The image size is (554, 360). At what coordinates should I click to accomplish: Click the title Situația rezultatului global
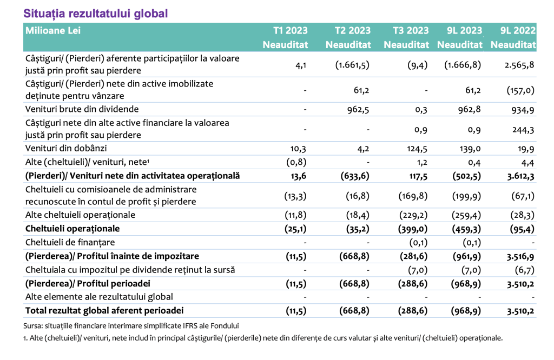point(95,14)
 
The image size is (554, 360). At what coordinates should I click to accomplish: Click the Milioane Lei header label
point(53,31)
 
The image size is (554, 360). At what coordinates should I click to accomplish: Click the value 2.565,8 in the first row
point(519,65)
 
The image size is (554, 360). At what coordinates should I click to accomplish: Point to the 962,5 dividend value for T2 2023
point(358,109)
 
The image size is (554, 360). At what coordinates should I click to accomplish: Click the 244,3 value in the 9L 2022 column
point(523,130)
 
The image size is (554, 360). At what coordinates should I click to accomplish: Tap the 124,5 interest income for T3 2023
point(417,149)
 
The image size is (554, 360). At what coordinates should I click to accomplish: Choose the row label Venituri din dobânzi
point(66,148)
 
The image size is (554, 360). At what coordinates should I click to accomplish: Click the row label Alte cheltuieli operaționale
point(80,215)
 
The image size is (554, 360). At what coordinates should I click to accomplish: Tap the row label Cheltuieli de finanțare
point(70,243)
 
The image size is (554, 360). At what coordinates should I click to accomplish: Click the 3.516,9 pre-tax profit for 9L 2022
point(520,257)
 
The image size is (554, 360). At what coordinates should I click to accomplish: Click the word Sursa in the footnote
point(31,326)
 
